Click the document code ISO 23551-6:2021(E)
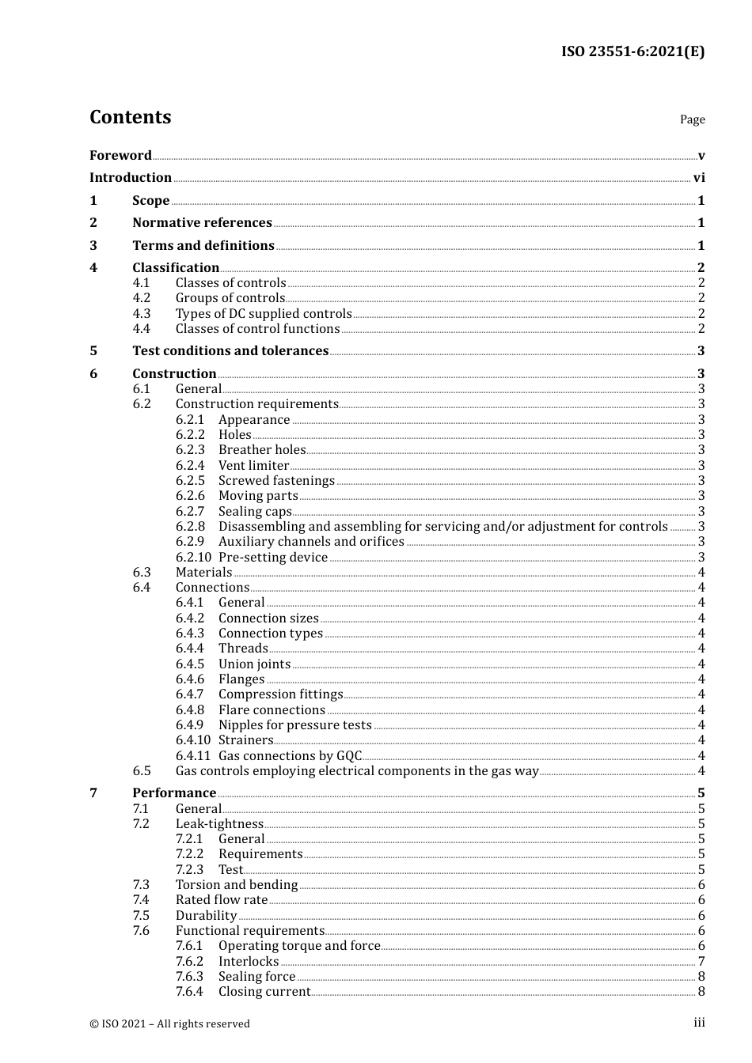(x=632, y=51)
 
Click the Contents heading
(x=130, y=117)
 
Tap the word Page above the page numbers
(x=692, y=119)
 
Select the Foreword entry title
(x=120, y=155)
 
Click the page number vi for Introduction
(x=699, y=178)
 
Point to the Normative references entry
(x=202, y=223)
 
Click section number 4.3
(x=141, y=314)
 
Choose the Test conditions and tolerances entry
(x=230, y=351)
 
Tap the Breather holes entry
(x=262, y=450)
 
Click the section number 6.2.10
(x=193, y=558)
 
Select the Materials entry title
(x=203, y=573)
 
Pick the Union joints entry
(x=254, y=664)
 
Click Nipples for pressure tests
(x=294, y=725)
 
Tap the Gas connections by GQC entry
(x=290, y=756)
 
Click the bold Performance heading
(x=174, y=793)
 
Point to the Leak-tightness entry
(x=219, y=824)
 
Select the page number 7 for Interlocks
(x=701, y=962)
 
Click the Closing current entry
(x=264, y=992)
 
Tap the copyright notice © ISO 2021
(x=169, y=1023)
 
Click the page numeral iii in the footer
(x=699, y=1023)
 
